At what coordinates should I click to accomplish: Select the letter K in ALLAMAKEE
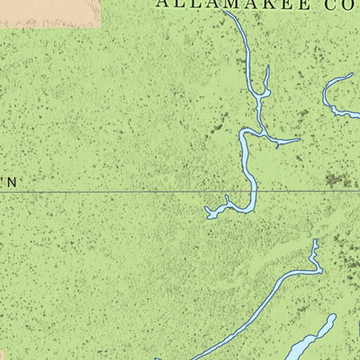tap(267, 4)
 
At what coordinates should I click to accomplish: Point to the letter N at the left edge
tap(13, 182)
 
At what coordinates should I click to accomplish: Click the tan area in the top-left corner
tap(49, 12)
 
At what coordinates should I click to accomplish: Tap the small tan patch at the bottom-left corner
tap(3, 353)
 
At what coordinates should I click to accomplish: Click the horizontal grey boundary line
tap(108, 192)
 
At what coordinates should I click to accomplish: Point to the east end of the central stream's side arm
tap(299, 140)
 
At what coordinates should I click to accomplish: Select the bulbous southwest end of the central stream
tap(210, 214)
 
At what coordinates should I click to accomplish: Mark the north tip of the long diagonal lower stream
tap(316, 241)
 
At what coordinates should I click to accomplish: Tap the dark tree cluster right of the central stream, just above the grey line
tap(337, 180)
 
